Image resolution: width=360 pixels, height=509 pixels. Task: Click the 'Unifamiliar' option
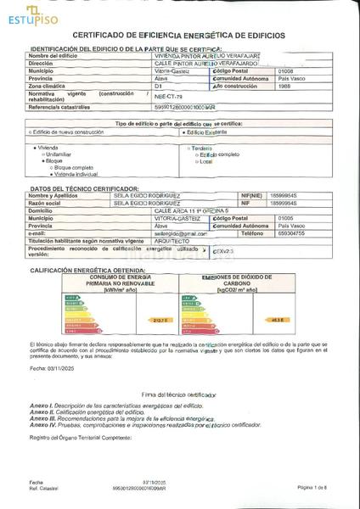coord(64,153)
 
